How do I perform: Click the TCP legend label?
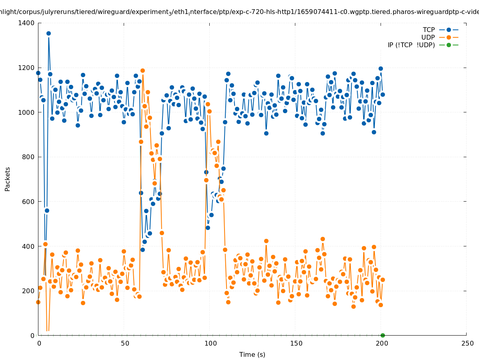pyautogui.click(x=429, y=30)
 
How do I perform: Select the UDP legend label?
pyautogui.click(x=428, y=38)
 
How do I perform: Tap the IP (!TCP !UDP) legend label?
pyautogui.click(x=411, y=45)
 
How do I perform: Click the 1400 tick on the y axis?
pyautogui.click(x=26, y=23)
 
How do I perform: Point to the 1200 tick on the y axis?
pyautogui.click(x=26, y=68)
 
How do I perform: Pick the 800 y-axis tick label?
pyautogui.click(x=28, y=157)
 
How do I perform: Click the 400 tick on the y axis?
pyautogui.click(x=28, y=246)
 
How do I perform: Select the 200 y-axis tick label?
pyautogui.click(x=28, y=291)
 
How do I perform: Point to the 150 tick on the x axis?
pyautogui.click(x=295, y=343)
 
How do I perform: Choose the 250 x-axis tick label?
pyautogui.click(x=467, y=343)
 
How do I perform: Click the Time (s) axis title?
pyautogui.click(x=252, y=354)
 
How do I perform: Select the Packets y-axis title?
pyautogui.click(x=8, y=179)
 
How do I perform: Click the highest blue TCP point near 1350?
pyautogui.click(x=48, y=33)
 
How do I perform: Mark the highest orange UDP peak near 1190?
pyautogui.click(x=142, y=70)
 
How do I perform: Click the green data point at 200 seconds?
pyautogui.click(x=383, y=335)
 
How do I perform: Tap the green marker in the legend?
pyautogui.click(x=449, y=45)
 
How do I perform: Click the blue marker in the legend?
pyautogui.click(x=449, y=30)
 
